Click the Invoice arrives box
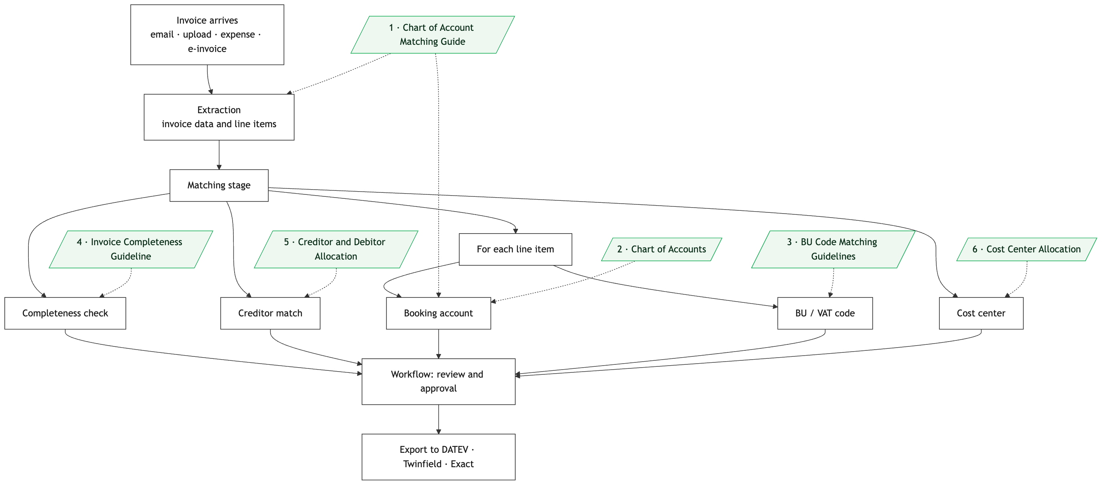(207, 35)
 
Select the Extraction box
(219, 117)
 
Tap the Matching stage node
(219, 185)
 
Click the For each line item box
(515, 249)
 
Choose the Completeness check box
(65, 313)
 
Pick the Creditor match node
(270, 313)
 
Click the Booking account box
(438, 313)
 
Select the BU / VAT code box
(825, 313)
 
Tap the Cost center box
(981, 313)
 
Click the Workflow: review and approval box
(438, 381)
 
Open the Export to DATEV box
(438, 457)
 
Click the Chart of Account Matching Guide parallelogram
(432, 35)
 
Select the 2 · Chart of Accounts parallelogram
(662, 249)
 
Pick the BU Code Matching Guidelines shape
(833, 249)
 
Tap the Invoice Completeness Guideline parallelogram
(131, 249)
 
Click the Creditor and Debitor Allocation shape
(336, 249)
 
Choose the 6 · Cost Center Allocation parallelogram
(1027, 249)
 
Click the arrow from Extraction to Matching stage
(219, 155)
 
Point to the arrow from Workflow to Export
(438, 419)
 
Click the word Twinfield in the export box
(422, 464)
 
